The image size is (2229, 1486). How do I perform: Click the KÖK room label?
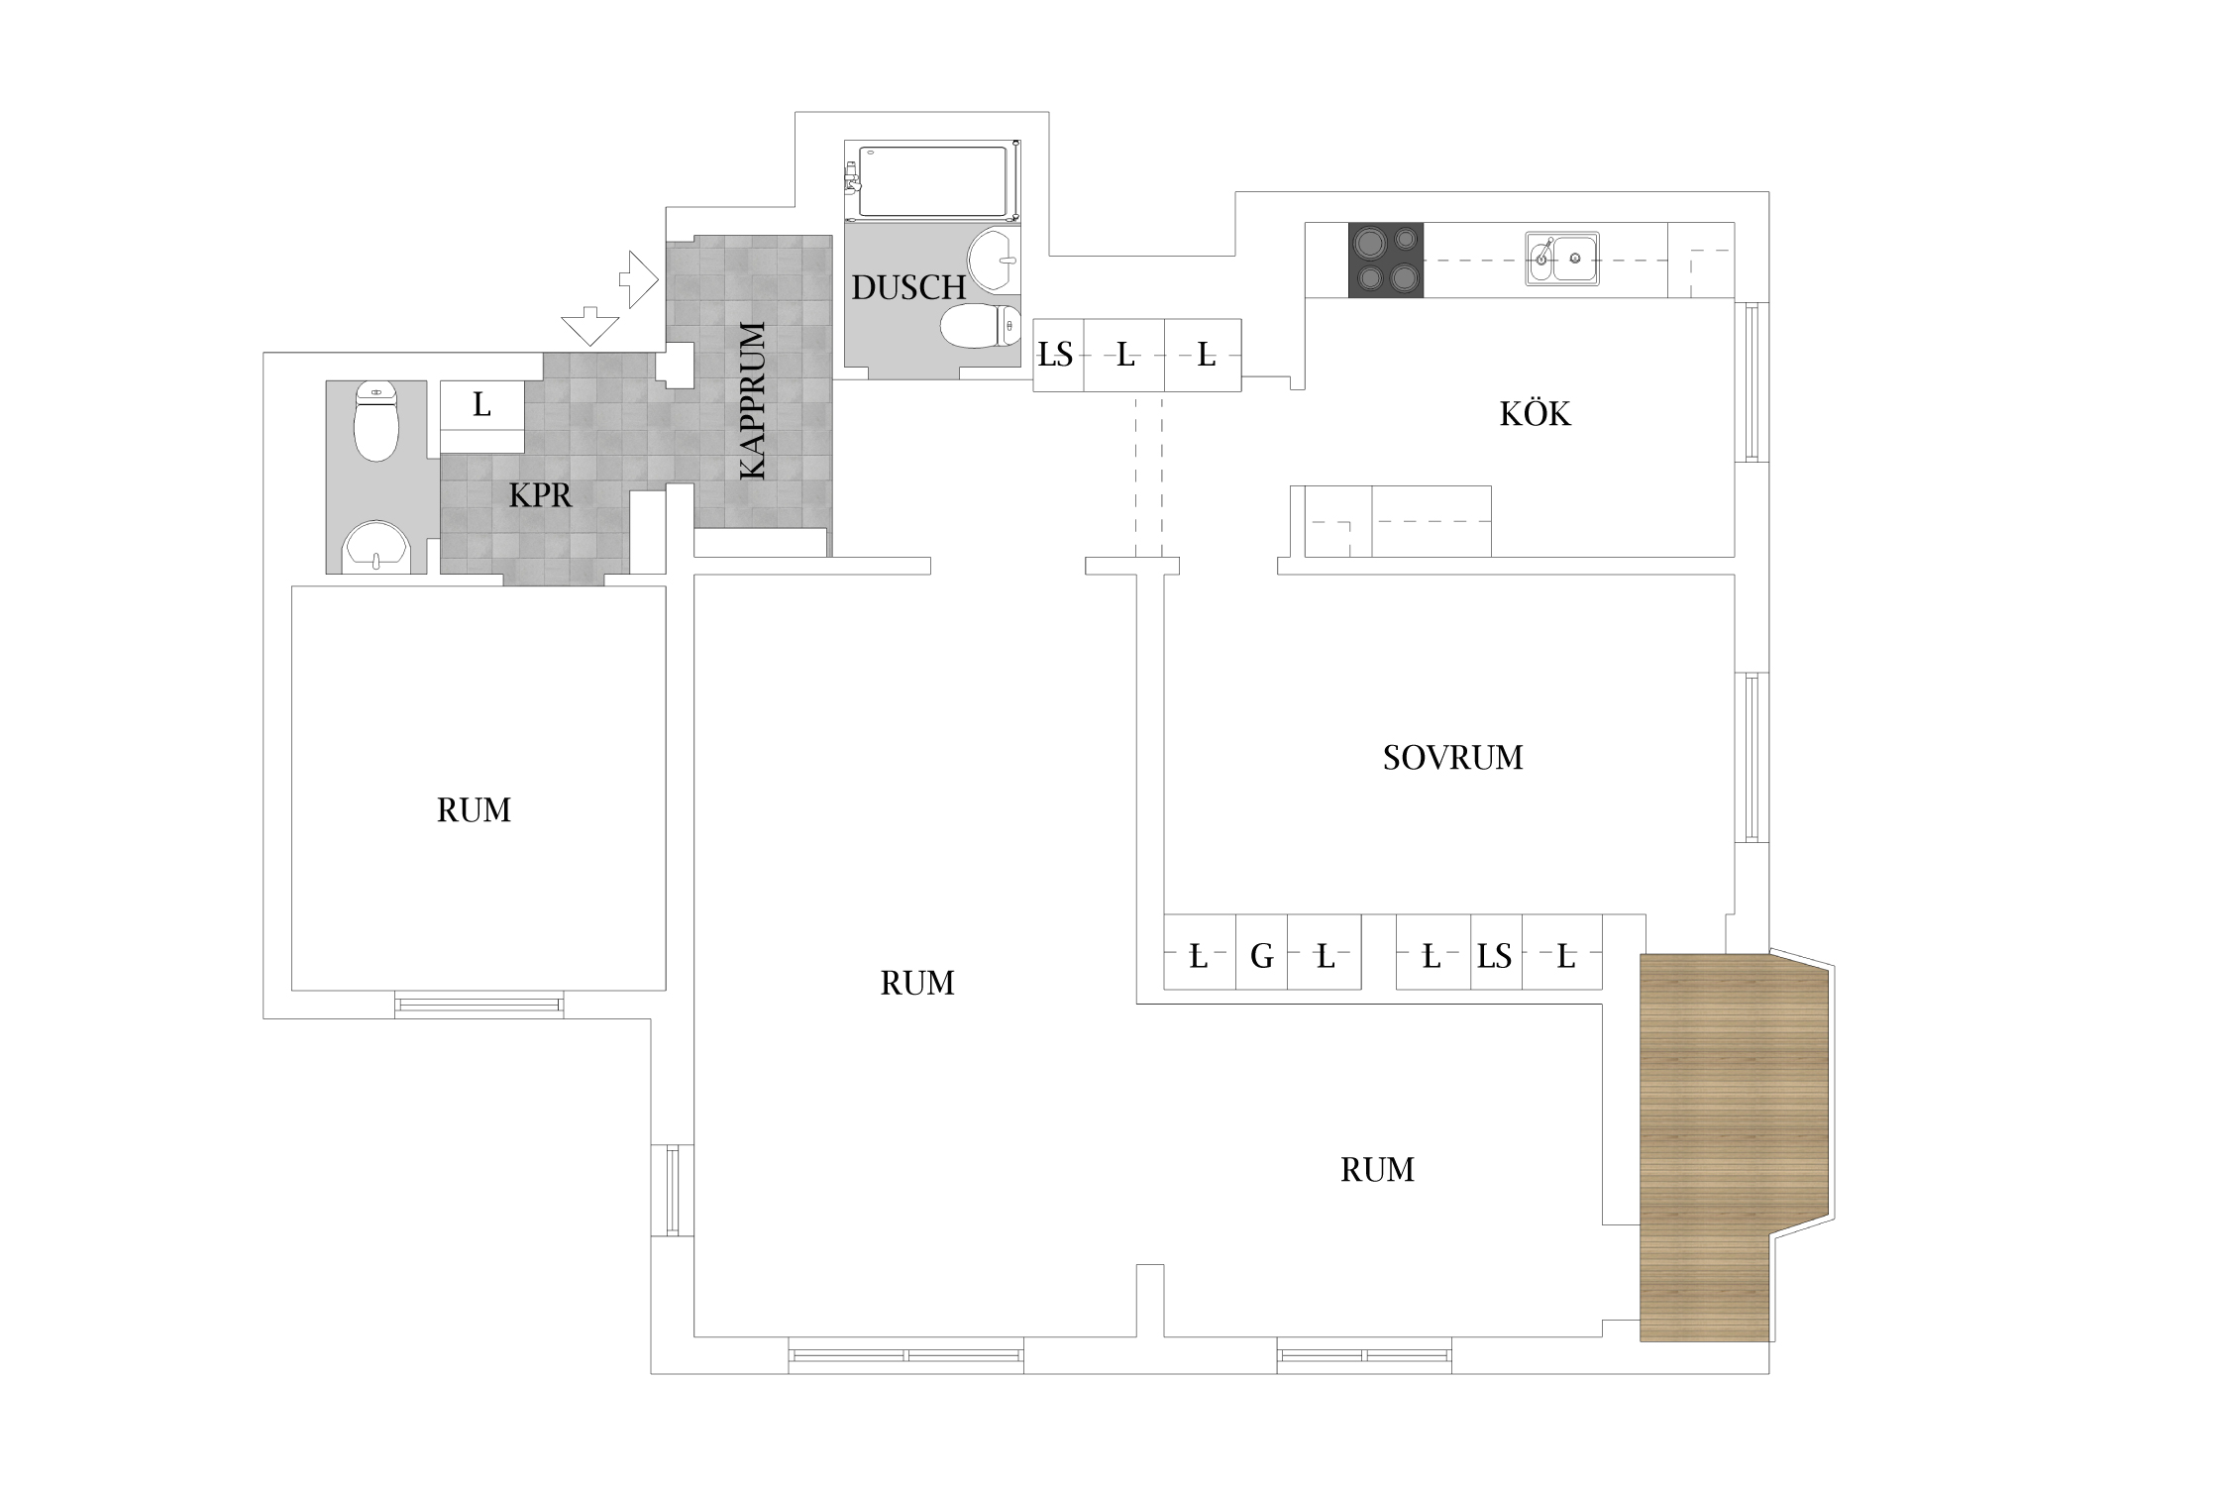(1535, 413)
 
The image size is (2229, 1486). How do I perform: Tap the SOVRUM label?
(1452, 757)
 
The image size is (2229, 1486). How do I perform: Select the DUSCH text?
(908, 287)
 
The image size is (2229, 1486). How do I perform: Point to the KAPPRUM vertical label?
(753, 400)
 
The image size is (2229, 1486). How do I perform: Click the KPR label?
(540, 495)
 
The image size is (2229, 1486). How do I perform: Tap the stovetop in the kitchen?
(1386, 260)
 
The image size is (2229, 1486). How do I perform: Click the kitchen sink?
(1561, 259)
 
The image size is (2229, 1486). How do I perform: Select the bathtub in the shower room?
(932, 181)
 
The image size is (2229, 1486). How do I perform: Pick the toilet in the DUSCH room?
(980, 326)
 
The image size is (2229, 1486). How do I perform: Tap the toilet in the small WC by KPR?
(375, 420)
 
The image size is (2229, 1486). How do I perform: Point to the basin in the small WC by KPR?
(376, 548)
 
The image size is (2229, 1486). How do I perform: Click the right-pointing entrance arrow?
(638, 278)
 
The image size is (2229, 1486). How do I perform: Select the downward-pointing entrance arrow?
(589, 325)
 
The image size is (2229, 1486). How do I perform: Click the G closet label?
(1261, 956)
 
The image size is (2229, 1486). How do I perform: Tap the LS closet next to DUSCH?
(1055, 354)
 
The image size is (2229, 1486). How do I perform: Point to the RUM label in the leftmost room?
(474, 810)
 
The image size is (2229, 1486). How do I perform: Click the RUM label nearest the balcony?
(1377, 1170)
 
